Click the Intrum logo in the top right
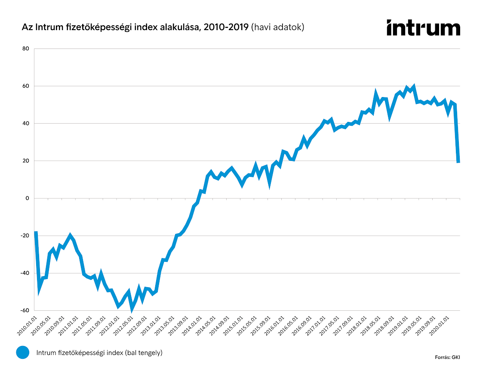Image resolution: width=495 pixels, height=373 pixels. [x=423, y=28]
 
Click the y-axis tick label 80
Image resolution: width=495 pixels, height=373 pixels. [x=25, y=49]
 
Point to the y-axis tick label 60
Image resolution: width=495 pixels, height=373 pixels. [x=25, y=86]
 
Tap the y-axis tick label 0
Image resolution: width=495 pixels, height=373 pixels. [x=27, y=198]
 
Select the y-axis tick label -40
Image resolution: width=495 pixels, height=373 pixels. [x=25, y=273]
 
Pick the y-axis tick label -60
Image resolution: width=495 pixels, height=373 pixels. [x=25, y=310]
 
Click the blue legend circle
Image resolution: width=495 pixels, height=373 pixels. [x=22, y=353]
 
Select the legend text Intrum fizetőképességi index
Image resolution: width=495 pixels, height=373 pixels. [x=99, y=353]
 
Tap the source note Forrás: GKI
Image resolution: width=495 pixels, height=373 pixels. [x=447, y=357]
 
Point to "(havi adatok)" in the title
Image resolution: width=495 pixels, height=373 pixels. [x=278, y=27]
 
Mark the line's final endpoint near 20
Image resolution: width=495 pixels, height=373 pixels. [x=458, y=162]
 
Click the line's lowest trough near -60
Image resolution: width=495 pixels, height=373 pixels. [x=132, y=309]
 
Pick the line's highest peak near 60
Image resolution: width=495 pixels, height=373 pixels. [x=414, y=86]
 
